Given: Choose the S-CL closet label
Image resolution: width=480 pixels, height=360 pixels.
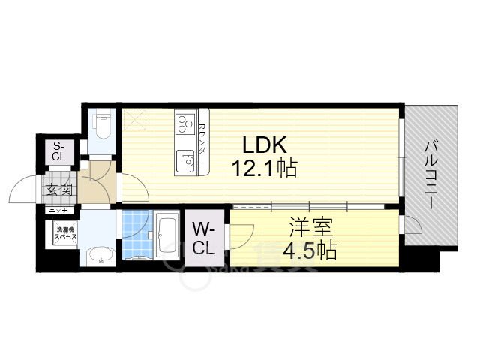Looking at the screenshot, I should [x=58, y=151].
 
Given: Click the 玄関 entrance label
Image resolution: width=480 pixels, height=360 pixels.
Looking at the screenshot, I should [x=58, y=190].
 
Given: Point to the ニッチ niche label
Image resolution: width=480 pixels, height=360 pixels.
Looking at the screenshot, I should [x=58, y=211].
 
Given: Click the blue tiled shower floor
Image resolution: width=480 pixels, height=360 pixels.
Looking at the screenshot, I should [x=136, y=234].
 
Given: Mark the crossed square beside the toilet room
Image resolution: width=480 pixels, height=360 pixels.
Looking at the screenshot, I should [x=135, y=118].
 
